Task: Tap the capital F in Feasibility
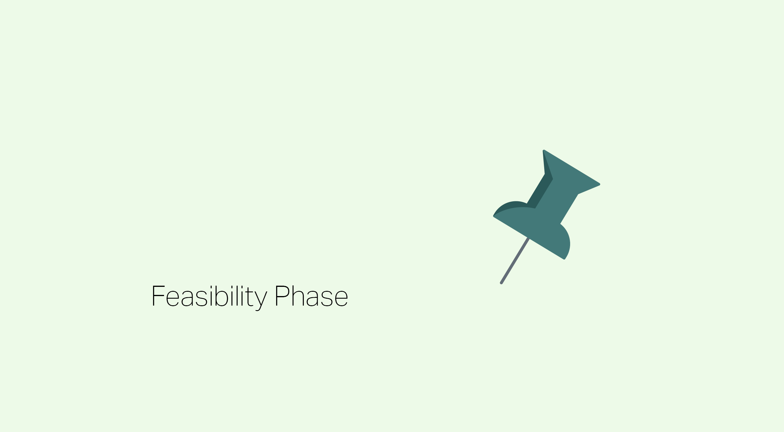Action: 158,296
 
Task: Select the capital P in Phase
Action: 282,296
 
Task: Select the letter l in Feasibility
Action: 237,296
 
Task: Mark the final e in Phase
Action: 342,298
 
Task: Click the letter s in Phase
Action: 327,298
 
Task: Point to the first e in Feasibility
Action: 173,298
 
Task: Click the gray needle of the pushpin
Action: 515,261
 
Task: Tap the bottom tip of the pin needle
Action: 501,283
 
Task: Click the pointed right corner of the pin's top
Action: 599,184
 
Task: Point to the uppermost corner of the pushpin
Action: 544,150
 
